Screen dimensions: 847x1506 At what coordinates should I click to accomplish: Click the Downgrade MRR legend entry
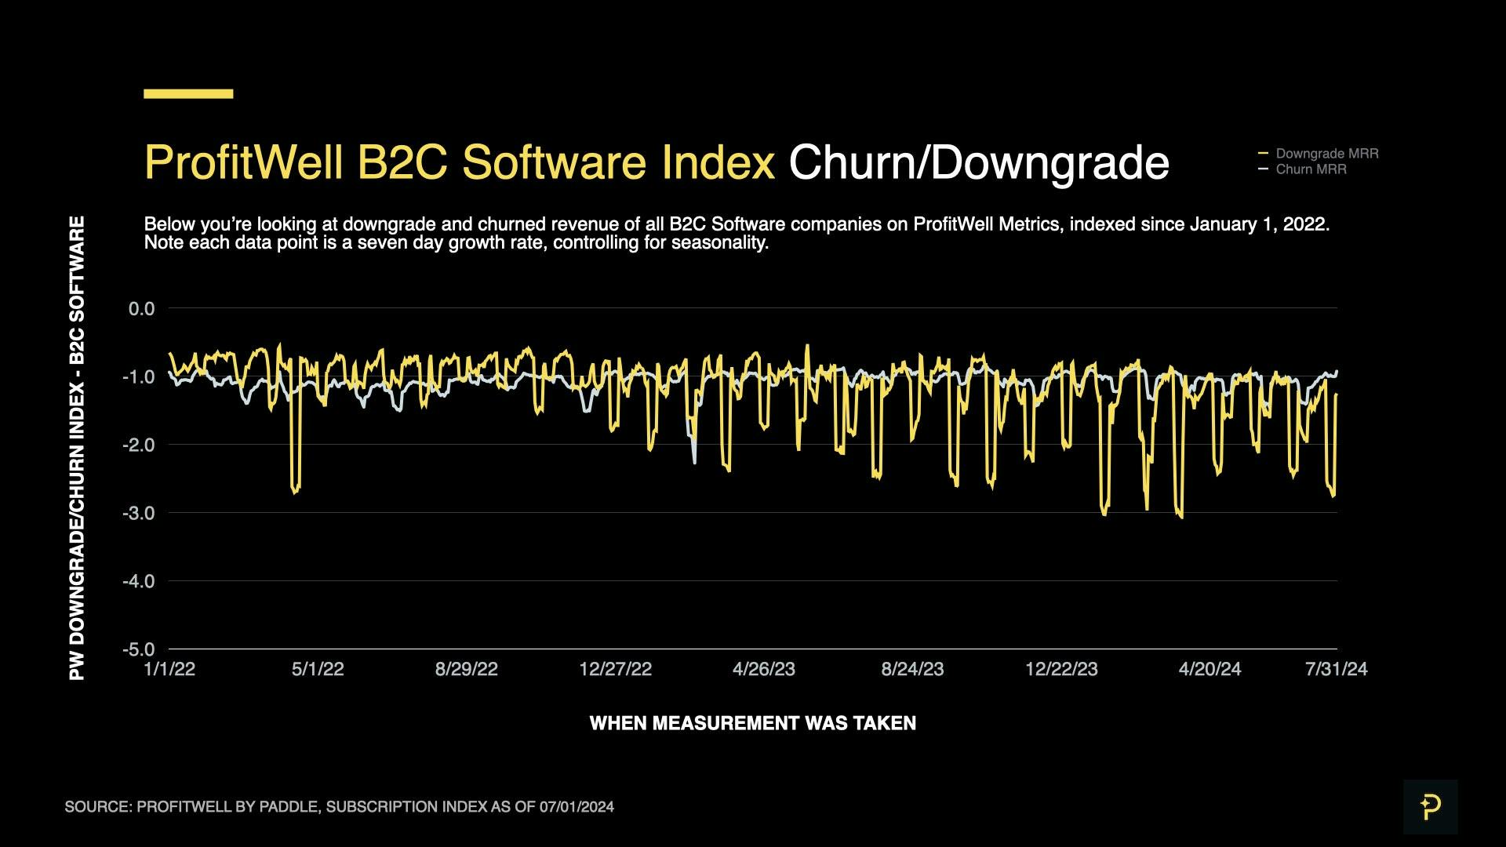(x=1326, y=154)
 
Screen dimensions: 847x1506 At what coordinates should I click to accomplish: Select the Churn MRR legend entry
(x=1310, y=169)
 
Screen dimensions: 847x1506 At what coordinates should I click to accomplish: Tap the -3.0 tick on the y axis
(x=139, y=513)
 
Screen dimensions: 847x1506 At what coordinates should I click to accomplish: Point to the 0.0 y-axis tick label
(x=142, y=309)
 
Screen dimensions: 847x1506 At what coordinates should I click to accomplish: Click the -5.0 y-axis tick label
(x=139, y=649)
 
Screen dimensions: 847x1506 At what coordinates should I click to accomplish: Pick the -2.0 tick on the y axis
(x=139, y=445)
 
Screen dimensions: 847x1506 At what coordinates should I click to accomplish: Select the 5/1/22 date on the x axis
(x=318, y=669)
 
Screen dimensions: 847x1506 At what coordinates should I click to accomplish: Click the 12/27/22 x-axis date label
(x=615, y=669)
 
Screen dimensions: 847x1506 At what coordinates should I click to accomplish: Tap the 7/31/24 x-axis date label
(x=1336, y=669)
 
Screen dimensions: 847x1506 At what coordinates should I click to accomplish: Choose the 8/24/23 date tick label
(x=912, y=669)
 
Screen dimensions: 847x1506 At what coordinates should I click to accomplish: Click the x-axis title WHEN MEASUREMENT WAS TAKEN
(x=752, y=723)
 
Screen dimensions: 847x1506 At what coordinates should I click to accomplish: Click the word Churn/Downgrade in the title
(x=978, y=163)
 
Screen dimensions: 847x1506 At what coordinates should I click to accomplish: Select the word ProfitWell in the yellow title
(x=243, y=163)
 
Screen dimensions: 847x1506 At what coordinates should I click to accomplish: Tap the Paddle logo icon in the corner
(x=1430, y=806)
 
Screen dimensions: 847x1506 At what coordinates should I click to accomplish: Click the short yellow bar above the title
(x=188, y=93)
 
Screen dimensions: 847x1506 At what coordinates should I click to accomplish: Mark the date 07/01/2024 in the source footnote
(x=577, y=807)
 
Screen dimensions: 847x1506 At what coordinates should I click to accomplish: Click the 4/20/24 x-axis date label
(x=1210, y=669)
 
